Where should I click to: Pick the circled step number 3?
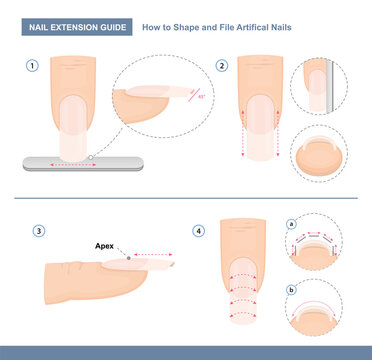pos(38,231)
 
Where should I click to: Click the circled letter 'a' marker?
pos(291,226)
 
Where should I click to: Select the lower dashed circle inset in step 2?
pos(318,154)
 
